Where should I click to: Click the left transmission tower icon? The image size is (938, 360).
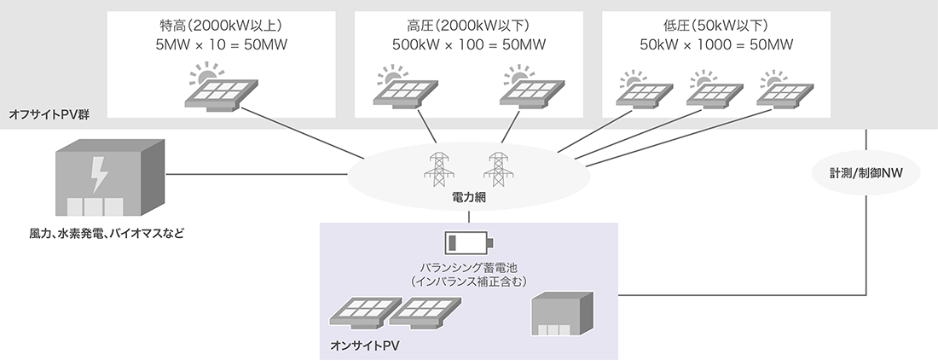point(440,169)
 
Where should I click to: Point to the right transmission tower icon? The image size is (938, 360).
point(497,169)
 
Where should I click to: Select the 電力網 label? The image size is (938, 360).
point(468,197)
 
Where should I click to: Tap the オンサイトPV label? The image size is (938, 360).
point(364,346)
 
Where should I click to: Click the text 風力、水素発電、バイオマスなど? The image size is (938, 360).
point(107,232)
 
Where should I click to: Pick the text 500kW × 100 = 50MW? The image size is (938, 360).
point(469,44)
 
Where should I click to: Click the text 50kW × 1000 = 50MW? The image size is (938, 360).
point(715,44)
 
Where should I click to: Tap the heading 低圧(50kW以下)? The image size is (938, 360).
point(715,24)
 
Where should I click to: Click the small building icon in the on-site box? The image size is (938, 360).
point(560,316)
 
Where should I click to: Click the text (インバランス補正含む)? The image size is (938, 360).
point(469,280)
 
